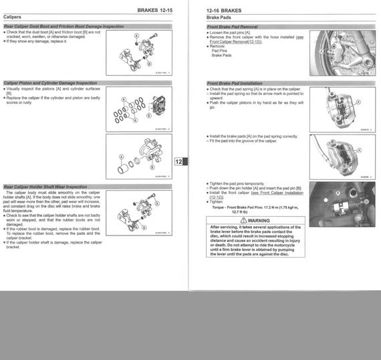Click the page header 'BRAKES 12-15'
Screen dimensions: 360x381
tap(158, 11)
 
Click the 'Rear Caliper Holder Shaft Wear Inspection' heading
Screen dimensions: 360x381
tap(45, 187)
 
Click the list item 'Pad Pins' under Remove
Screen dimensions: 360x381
tap(219, 51)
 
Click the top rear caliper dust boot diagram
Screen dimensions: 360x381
tap(139, 51)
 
